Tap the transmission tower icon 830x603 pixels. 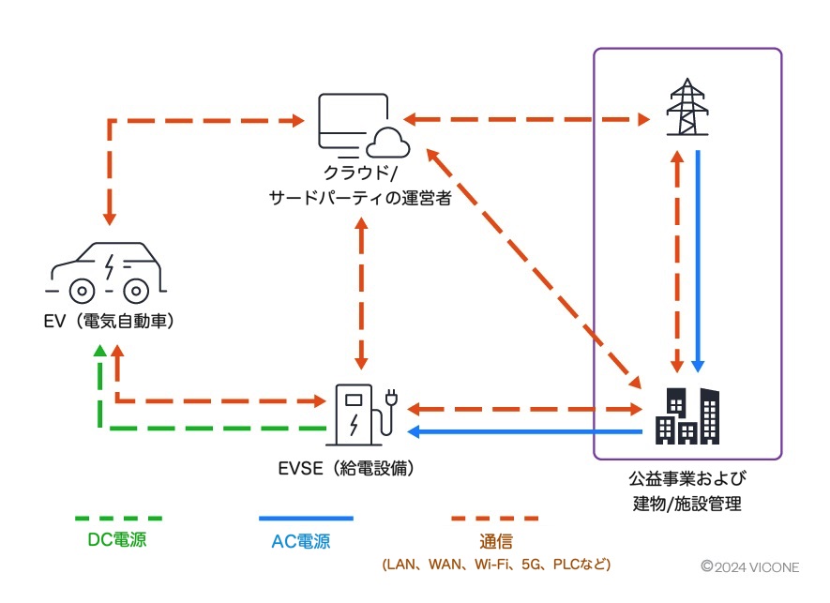687,108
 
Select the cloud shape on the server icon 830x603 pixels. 385,142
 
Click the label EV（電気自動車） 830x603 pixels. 111,321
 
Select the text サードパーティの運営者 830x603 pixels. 360,196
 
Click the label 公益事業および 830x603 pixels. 687,478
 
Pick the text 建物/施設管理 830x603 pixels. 687,504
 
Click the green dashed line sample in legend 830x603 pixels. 118,518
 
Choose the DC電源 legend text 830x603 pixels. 117,540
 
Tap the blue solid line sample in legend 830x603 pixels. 306,518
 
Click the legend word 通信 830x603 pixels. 496,542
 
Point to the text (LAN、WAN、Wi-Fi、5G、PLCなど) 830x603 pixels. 496,565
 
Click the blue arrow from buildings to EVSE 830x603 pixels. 525,431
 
